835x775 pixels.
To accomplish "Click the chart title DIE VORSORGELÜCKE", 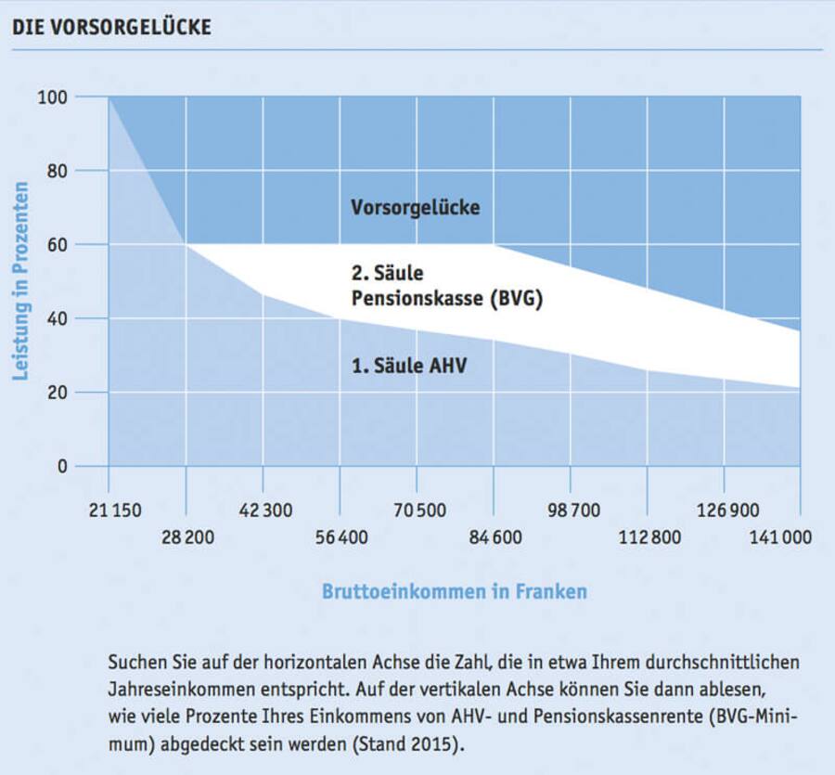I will pyautogui.click(x=111, y=27).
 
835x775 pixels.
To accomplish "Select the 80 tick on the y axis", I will pyautogui.click(x=57, y=171).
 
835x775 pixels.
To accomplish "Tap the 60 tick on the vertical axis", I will pyautogui.click(x=57, y=244).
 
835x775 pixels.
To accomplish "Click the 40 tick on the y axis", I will pyautogui.click(x=57, y=318).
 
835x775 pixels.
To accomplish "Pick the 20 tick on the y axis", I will pyautogui.click(x=57, y=393).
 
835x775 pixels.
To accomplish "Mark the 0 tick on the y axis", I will pyautogui.click(x=62, y=466).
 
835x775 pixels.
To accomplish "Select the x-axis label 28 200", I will pyautogui.click(x=186, y=538).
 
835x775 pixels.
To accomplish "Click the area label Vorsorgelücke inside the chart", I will pyautogui.click(x=416, y=208).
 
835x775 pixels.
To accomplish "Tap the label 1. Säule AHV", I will pyautogui.click(x=408, y=366).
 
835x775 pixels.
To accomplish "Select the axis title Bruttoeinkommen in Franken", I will pyautogui.click(x=455, y=591).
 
